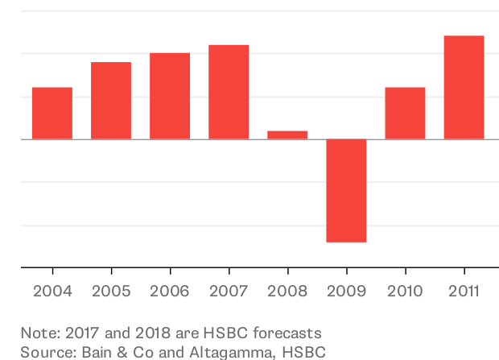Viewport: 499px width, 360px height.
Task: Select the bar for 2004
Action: (52, 113)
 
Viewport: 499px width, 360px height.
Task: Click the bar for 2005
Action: (111, 101)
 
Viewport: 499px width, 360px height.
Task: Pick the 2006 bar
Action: (170, 96)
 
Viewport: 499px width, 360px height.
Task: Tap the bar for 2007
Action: (229, 92)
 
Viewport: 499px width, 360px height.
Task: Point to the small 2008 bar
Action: (287, 134)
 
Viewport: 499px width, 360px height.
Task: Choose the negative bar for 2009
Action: (346, 190)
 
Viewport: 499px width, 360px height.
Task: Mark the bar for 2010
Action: (405, 113)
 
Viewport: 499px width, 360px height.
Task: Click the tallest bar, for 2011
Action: (464, 87)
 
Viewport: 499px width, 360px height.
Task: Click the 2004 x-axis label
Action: (52, 291)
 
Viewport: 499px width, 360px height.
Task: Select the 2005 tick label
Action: (111, 291)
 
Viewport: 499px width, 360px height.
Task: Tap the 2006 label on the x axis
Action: (170, 291)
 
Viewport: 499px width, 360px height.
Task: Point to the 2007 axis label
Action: (229, 291)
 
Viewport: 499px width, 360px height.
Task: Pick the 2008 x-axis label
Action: (287, 291)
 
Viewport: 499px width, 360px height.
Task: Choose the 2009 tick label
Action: (346, 291)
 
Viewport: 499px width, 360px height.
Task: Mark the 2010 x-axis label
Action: (405, 291)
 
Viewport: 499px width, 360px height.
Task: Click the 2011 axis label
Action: (464, 291)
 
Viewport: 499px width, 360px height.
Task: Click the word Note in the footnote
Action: (39, 333)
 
